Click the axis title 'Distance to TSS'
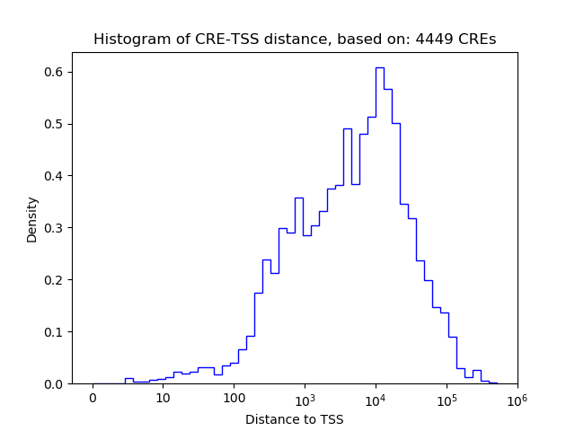295,418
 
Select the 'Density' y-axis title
32,219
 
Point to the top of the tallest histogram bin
380,67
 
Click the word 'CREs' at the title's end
475,40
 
